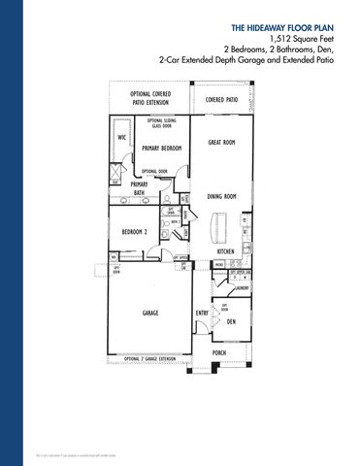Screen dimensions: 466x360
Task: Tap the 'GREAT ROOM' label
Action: pyautogui.click(x=223, y=143)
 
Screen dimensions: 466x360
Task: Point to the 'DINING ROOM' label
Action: pyautogui.click(x=223, y=197)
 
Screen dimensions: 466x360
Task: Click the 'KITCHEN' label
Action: pyautogui.click(x=227, y=251)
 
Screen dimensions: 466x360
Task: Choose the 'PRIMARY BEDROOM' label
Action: pyautogui.click(x=162, y=149)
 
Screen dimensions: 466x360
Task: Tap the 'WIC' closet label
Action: pyautogui.click(x=122, y=138)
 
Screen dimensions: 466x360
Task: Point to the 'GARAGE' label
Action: pyautogui.click(x=150, y=313)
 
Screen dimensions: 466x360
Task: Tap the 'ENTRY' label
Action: pyautogui.click(x=203, y=313)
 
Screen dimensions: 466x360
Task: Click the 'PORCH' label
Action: pyautogui.click(x=218, y=352)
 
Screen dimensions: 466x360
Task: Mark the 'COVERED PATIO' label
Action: pyautogui.click(x=222, y=100)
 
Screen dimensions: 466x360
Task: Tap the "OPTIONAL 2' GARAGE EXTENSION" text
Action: pyautogui.click(x=151, y=359)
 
